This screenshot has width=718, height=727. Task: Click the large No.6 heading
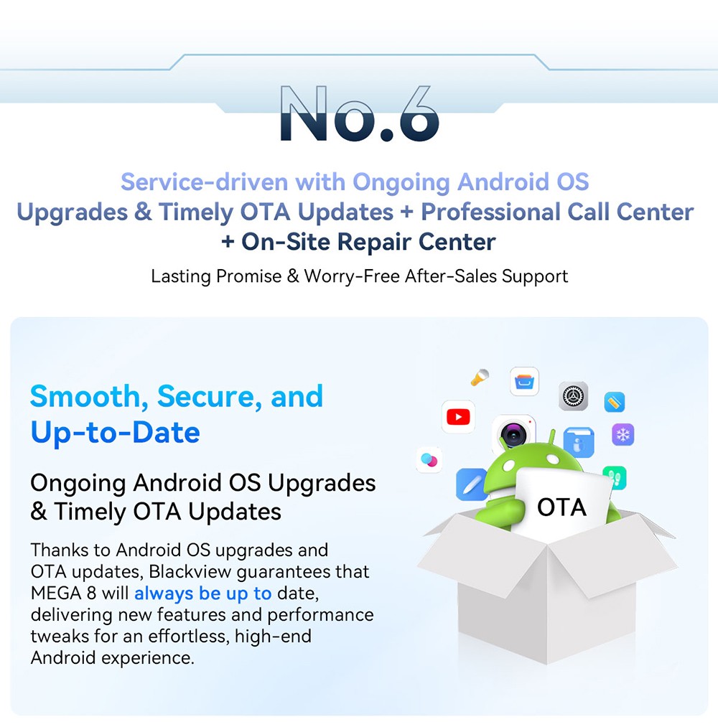point(360,113)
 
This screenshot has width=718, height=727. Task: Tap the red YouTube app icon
point(458,417)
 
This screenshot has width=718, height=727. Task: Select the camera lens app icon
point(513,434)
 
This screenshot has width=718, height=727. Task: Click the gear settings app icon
point(573,396)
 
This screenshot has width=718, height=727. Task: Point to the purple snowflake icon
point(623,434)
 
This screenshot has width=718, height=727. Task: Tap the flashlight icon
point(480,377)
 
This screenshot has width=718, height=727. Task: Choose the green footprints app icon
point(616,477)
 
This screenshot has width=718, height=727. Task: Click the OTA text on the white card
point(561,507)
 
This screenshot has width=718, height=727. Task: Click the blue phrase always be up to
point(202,594)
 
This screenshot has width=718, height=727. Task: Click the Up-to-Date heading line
point(115,433)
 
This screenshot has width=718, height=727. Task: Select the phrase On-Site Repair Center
point(368,242)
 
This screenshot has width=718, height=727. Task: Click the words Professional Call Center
point(557,212)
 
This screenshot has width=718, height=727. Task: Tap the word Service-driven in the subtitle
point(204,182)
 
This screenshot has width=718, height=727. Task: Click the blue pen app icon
point(471,484)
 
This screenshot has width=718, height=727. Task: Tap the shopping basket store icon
point(525,382)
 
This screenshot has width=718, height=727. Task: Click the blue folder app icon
point(579,442)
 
